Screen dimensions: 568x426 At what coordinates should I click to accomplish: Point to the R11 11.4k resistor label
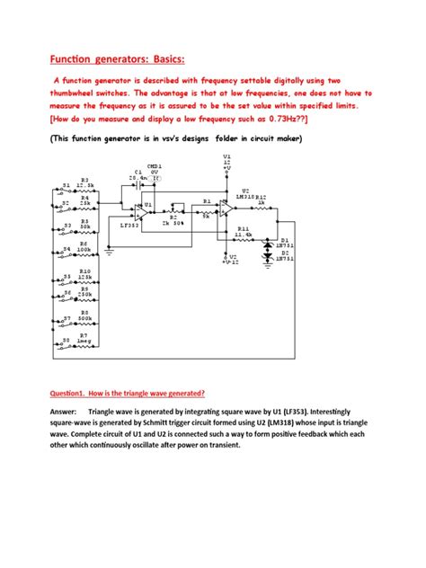(x=243, y=232)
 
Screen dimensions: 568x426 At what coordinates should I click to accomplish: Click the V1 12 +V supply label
(x=226, y=161)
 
